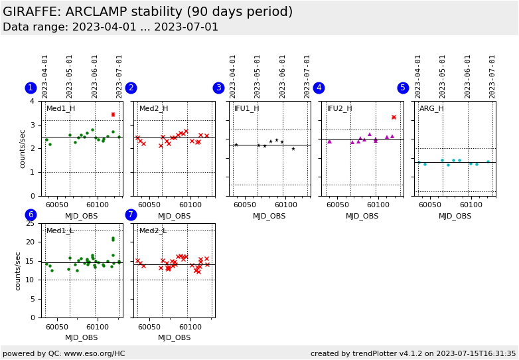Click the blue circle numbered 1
coord(31,88)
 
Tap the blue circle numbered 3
coord(218,88)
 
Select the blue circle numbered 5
coord(403,88)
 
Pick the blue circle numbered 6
coord(31,215)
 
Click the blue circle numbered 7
coord(131,215)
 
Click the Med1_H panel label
coord(60,109)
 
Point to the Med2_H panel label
coord(153,109)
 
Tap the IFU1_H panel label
coord(246,109)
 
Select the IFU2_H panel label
coord(340,109)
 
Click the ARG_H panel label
coord(431,109)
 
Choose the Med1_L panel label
coord(60,231)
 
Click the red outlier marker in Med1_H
coord(113,114)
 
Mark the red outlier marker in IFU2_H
coord(394,117)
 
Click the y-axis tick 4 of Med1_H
coord(32,102)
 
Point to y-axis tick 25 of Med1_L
coord(30,224)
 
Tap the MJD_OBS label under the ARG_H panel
coord(455,216)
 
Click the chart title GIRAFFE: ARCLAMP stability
coord(147,12)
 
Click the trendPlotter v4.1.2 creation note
coord(413,353)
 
